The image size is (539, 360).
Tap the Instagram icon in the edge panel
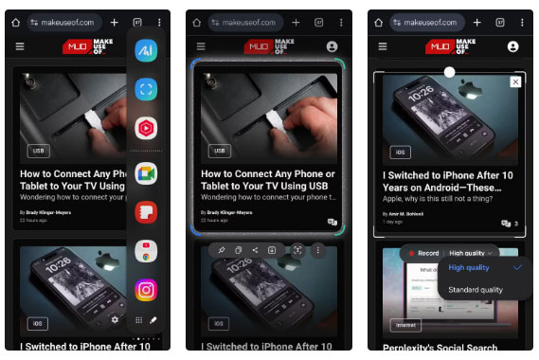tap(146, 289)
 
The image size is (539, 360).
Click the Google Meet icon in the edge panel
tap(146, 172)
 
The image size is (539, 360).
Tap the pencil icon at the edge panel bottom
tap(153, 320)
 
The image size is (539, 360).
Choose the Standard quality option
tap(476, 289)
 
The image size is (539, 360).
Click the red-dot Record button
tap(422, 253)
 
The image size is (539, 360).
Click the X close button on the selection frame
tap(515, 82)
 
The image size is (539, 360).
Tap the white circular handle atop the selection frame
tap(449, 72)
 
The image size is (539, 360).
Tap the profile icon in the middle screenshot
tap(332, 45)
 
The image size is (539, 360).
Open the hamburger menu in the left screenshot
tap(20, 45)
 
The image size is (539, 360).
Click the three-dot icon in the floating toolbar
tap(317, 250)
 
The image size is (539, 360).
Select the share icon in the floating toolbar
tap(255, 250)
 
